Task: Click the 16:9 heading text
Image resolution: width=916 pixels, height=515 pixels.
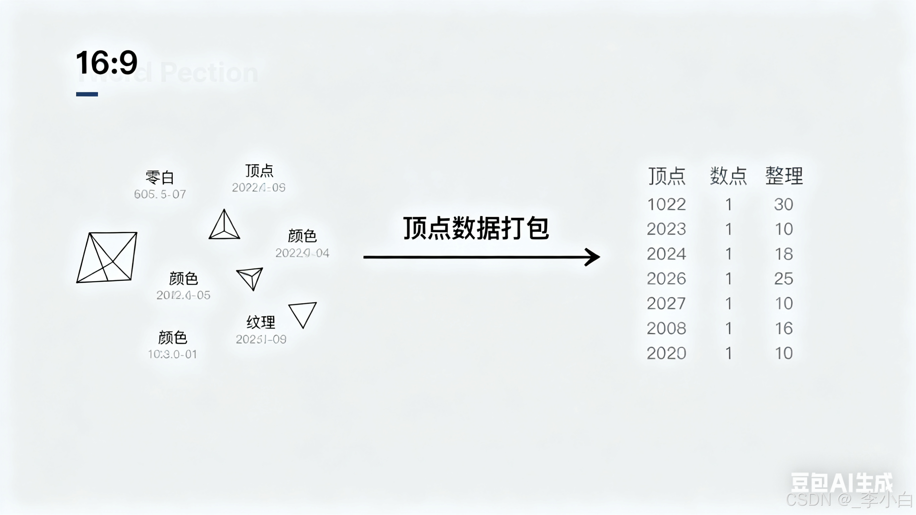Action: (107, 63)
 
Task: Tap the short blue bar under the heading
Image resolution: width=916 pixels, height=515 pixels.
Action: (87, 94)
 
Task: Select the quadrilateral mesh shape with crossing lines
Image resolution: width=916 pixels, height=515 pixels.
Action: (107, 258)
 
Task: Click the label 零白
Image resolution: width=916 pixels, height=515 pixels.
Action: (160, 177)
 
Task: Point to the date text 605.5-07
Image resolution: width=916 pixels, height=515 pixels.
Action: (160, 194)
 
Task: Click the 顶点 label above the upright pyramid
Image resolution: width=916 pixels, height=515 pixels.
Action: (259, 171)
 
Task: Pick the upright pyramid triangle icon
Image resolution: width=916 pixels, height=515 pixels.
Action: (224, 225)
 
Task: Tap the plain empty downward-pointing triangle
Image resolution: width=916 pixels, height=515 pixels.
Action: (303, 314)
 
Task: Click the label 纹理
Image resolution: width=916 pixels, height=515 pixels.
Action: (261, 322)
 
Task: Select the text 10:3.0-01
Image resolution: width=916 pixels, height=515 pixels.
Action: (172, 354)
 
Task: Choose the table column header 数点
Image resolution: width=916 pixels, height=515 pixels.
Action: (728, 176)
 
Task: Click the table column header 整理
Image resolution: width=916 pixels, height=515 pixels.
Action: (784, 176)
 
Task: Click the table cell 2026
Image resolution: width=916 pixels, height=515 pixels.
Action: (666, 279)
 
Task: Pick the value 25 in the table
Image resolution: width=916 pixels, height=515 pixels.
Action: (784, 279)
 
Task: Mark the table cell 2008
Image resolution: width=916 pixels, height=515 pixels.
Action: (666, 328)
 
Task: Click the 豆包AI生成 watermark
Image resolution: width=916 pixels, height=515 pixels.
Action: (841, 483)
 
